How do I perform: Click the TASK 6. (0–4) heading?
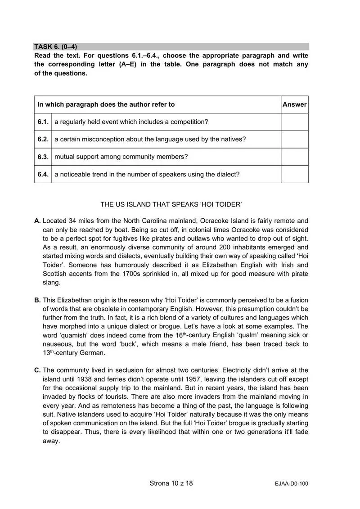point(56,46)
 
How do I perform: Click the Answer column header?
point(294,104)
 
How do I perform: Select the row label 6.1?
point(43,122)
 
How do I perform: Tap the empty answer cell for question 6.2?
point(294,140)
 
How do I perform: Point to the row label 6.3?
point(43,157)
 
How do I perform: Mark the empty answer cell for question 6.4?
point(294,174)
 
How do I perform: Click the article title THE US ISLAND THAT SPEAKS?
point(171,204)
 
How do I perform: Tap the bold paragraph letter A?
point(37,221)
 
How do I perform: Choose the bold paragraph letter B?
point(37,300)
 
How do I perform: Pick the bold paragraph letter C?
point(37,370)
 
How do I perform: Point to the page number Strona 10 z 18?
point(171,484)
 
